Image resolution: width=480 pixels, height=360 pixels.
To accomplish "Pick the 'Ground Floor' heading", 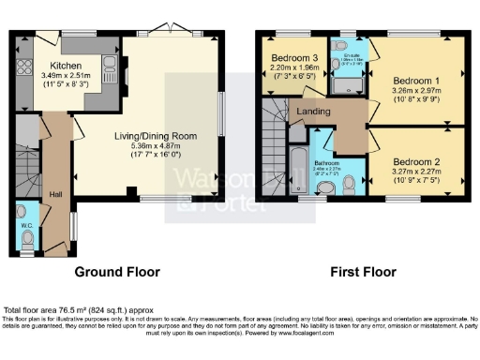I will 117,272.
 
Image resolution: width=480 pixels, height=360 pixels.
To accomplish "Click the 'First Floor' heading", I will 360,272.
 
